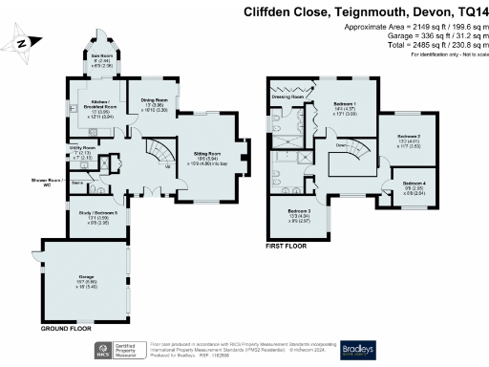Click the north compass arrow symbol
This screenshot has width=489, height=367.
click(x=20, y=43)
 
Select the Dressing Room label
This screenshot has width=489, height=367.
click(x=287, y=97)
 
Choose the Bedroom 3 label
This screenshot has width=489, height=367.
click(x=298, y=214)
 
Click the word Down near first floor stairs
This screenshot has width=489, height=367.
click(x=339, y=146)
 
